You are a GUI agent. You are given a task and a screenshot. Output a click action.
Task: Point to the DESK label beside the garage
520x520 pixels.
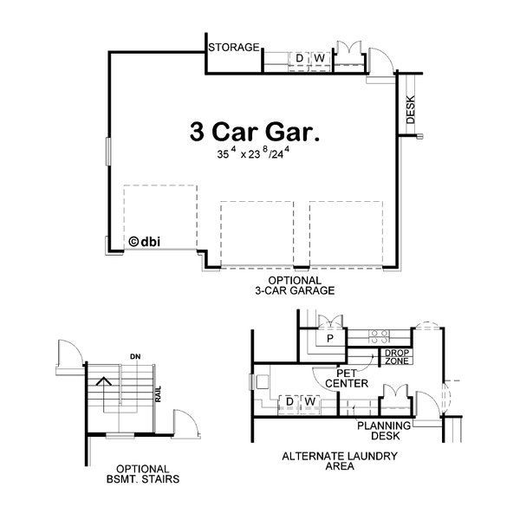(410, 108)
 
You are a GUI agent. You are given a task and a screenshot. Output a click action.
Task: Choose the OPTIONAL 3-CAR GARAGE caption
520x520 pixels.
(295, 286)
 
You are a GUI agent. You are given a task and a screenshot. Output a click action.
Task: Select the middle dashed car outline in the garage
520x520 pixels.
(257, 233)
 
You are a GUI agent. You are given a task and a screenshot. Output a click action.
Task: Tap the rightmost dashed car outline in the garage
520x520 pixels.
(346, 233)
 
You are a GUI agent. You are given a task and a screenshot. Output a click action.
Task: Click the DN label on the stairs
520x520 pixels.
(134, 355)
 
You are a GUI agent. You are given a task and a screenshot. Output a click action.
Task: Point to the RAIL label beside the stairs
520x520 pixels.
(159, 394)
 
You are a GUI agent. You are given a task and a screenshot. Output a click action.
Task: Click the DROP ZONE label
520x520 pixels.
(397, 356)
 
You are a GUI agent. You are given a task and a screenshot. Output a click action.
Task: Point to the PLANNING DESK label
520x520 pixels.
(378, 430)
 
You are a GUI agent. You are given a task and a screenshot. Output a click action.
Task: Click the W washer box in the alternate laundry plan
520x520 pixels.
(308, 401)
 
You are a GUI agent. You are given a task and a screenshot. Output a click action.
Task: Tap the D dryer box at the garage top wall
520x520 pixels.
(299, 58)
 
